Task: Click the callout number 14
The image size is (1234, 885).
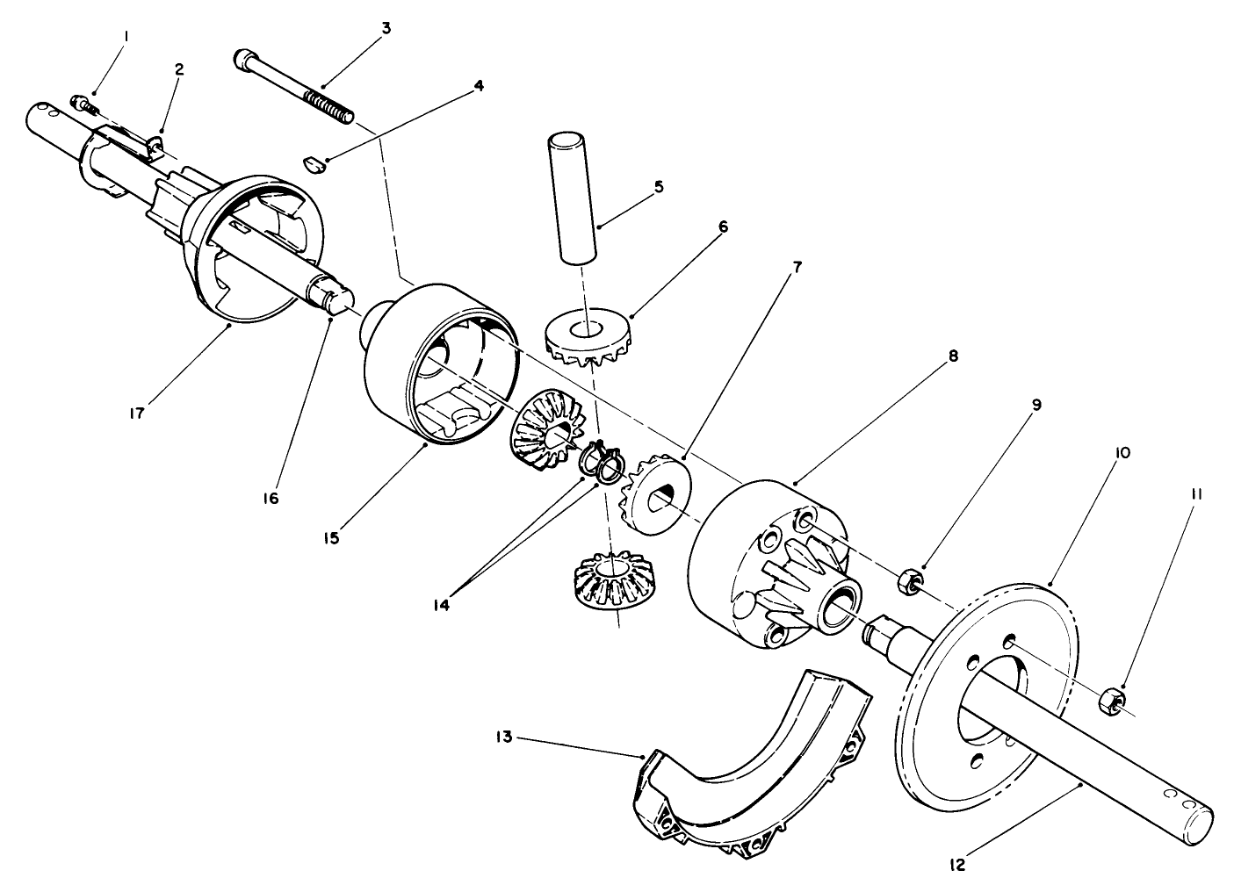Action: pos(441,605)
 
